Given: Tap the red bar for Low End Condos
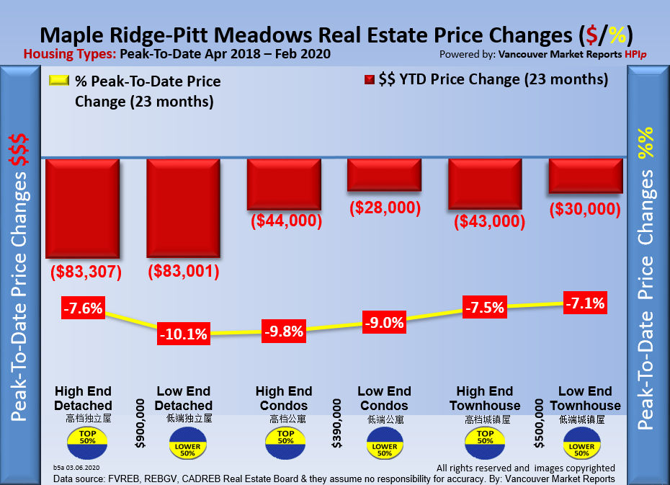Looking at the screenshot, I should (383, 175).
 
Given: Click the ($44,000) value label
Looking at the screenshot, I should (286, 221).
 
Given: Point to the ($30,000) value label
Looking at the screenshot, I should (584, 209).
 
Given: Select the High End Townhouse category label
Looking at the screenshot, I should (485, 399).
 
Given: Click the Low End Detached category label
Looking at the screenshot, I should (184, 399).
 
